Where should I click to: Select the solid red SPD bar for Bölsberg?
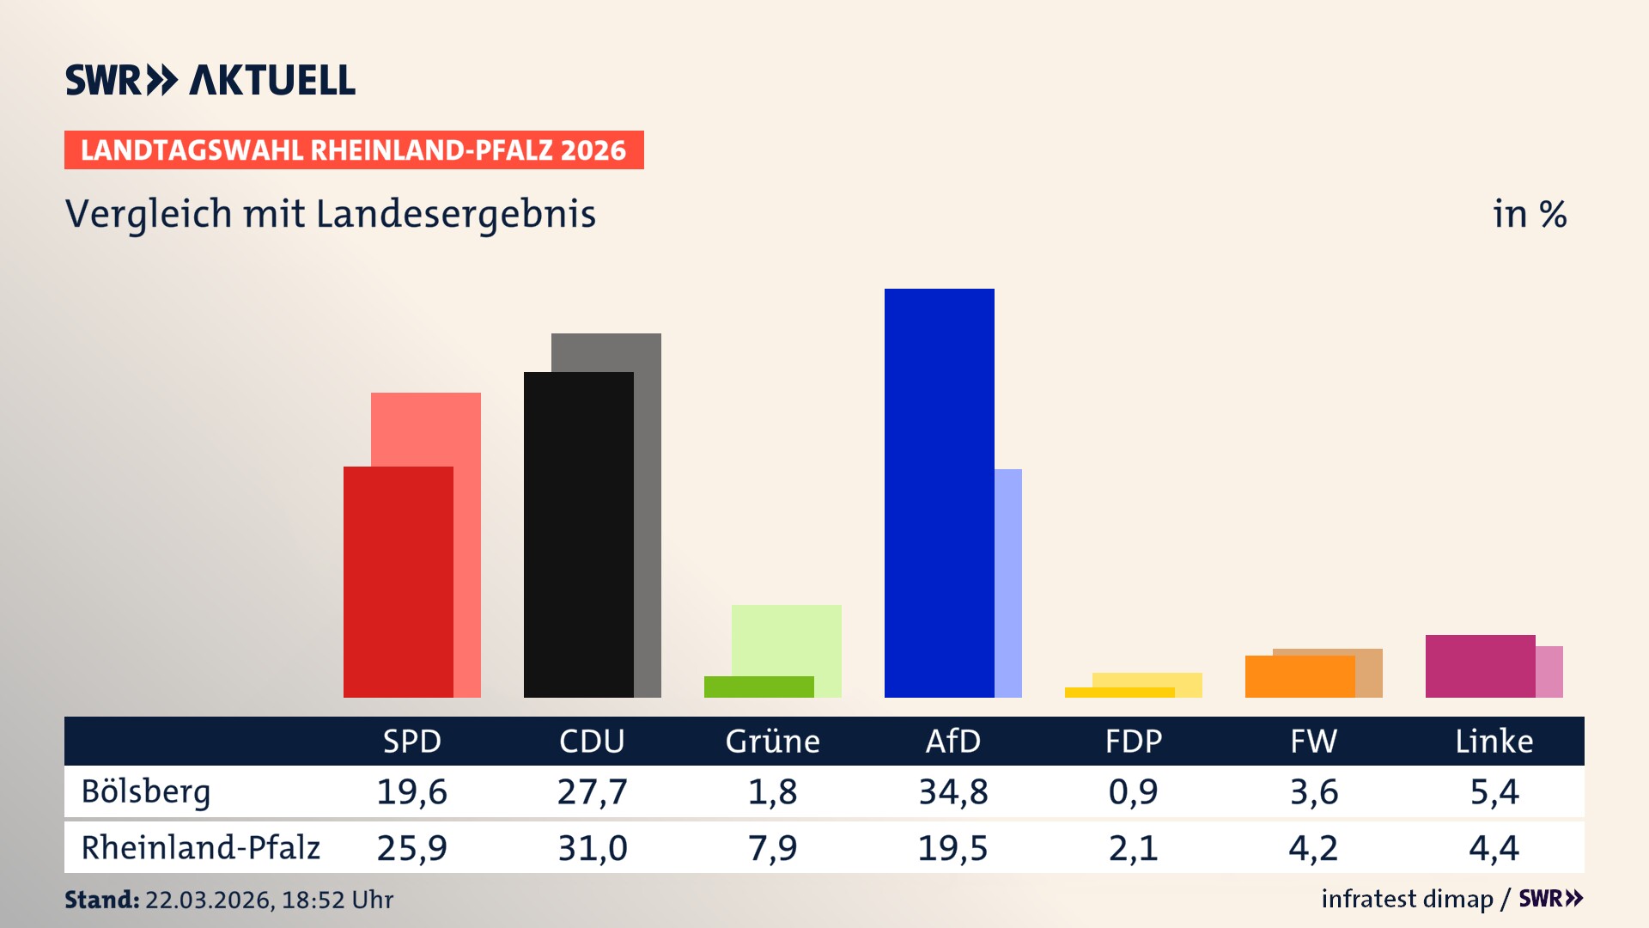point(398,582)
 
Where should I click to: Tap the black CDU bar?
point(578,534)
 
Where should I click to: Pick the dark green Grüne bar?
point(758,687)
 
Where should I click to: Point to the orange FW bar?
point(1299,676)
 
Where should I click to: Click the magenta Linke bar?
point(1480,666)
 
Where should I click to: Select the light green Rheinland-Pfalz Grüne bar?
point(787,639)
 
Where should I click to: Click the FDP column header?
point(1133,742)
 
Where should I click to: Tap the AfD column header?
point(952,742)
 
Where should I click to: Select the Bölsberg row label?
point(146,791)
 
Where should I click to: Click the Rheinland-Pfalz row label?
point(200,848)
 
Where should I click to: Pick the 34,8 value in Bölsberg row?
point(952,791)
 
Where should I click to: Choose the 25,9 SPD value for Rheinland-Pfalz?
point(411,848)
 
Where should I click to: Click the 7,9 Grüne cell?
point(772,848)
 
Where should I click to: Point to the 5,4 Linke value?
point(1494,791)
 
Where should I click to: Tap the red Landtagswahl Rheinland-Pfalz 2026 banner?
point(354,150)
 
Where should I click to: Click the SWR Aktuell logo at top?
point(210,80)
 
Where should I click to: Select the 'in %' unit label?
point(1529,214)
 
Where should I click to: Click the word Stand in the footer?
point(101,900)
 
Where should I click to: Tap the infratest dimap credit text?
point(1406,899)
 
